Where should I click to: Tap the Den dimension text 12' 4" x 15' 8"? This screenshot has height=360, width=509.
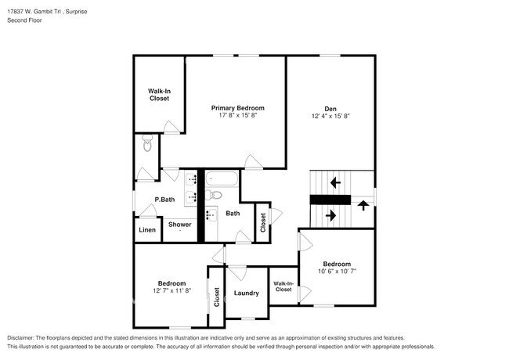click(330, 116)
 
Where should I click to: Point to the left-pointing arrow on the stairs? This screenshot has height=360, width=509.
click(335, 183)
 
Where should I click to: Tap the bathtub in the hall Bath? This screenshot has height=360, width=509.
click(223, 178)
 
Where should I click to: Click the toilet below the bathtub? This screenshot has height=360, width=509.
click(216, 195)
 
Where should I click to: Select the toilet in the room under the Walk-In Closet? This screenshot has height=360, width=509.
click(146, 145)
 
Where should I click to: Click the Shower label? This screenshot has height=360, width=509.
click(180, 225)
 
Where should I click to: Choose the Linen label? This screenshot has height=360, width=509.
click(146, 230)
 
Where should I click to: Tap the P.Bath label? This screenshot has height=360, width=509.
click(164, 200)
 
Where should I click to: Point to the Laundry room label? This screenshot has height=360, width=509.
click(246, 293)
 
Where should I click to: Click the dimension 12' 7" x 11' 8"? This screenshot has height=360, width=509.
click(171, 290)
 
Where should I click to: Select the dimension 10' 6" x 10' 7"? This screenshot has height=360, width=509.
click(337, 272)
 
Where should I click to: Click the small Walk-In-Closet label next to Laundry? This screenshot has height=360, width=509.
click(283, 286)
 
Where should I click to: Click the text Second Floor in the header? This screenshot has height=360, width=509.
click(25, 20)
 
